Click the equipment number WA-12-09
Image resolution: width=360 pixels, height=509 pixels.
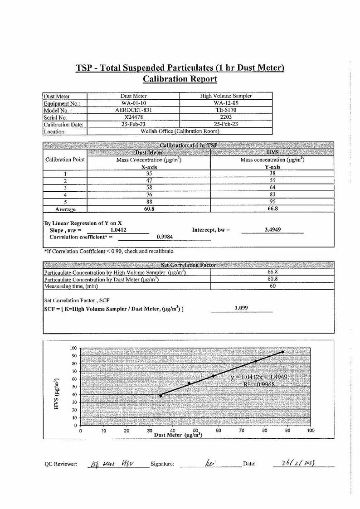[226, 103]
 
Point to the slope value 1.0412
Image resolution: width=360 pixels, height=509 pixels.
[118, 230]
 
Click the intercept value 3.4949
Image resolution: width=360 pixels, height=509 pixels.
[272, 230]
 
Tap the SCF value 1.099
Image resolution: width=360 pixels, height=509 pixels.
[241, 308]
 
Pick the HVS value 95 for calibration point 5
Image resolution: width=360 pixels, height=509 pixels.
[272, 202]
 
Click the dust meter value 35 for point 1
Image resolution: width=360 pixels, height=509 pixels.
[149, 173]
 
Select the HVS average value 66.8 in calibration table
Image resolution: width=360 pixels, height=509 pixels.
[272, 209]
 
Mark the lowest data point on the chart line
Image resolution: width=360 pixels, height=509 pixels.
[161, 396]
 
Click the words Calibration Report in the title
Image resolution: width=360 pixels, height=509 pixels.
[180, 79]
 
